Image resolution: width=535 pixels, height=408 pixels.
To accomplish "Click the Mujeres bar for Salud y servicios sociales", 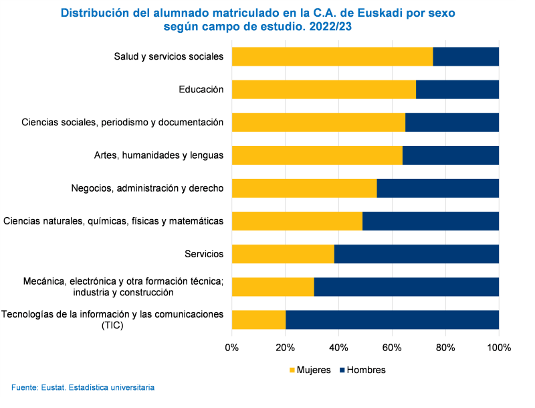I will (332, 57).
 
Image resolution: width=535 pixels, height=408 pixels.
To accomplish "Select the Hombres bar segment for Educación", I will (457, 90).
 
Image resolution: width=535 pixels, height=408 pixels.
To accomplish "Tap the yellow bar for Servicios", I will (283, 254).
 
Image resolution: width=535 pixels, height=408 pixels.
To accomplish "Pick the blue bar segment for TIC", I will (392, 320).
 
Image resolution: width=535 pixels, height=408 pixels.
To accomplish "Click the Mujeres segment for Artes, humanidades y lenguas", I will (317, 155).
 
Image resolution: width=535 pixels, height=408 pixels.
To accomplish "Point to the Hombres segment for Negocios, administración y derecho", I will (438, 188).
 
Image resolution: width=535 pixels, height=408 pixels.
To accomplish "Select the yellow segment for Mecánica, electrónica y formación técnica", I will (273, 287).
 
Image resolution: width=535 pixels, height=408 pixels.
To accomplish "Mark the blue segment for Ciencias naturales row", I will (431, 221).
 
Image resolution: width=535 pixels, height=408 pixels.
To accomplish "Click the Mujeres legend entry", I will (309, 370).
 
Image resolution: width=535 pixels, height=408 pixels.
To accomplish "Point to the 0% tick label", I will (232, 348).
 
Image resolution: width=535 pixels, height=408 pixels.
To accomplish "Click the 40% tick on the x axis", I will (338, 348).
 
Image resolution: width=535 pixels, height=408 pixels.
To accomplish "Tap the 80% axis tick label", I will (445, 348).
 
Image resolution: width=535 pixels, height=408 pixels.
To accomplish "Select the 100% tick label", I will (499, 348).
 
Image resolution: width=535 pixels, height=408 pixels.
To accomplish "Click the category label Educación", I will (201, 90).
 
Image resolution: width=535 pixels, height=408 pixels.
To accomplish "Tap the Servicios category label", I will (204, 254).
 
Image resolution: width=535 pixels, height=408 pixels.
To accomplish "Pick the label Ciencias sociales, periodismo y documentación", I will (122, 123).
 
